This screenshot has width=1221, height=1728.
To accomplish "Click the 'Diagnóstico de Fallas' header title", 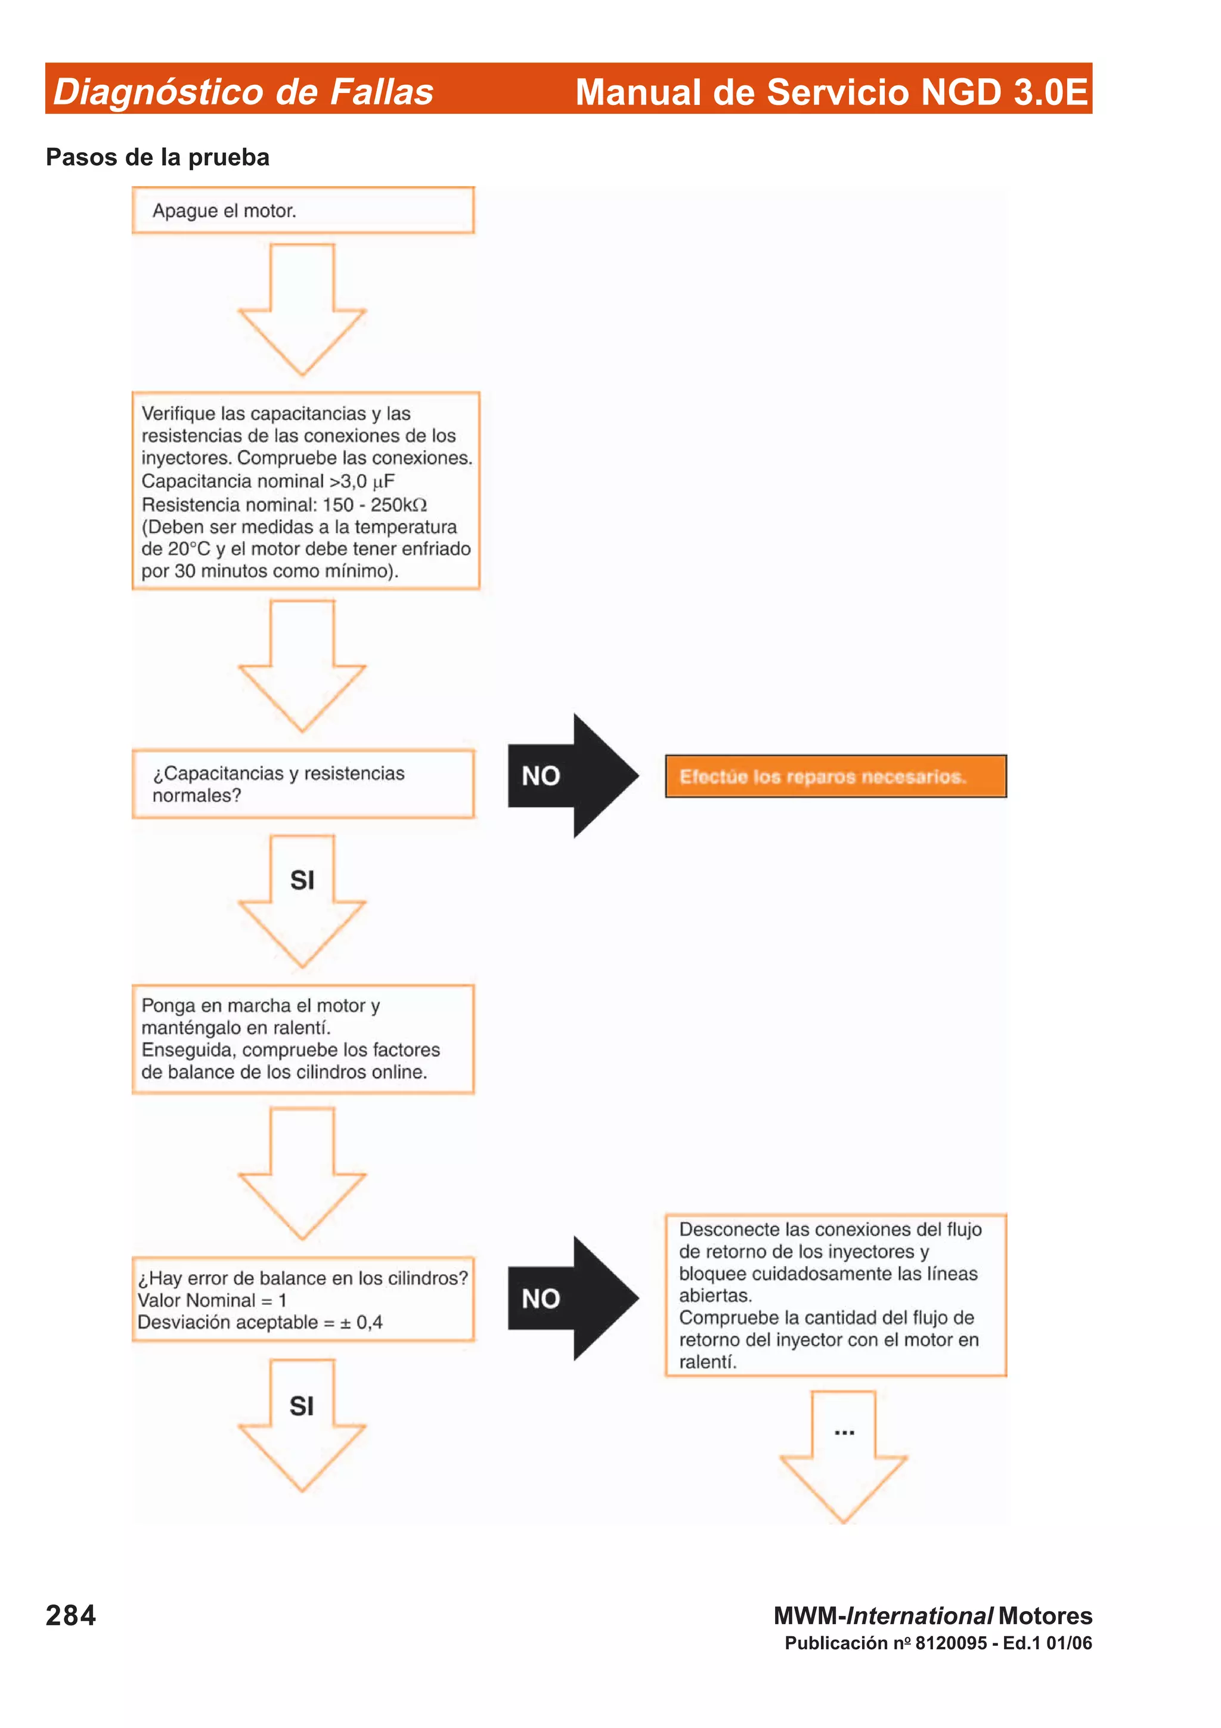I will point(243,92).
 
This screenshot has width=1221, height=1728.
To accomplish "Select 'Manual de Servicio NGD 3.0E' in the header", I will point(831,92).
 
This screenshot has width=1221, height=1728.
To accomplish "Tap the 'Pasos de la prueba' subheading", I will point(157,157).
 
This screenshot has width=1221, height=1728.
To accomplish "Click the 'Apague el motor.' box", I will point(303,210).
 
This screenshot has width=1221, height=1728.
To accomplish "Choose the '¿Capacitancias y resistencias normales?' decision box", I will point(303,784).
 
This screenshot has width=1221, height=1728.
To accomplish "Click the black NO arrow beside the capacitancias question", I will point(572,776).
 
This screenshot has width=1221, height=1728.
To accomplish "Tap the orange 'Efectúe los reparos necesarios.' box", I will point(835,776).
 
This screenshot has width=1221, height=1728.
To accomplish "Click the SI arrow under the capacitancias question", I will point(302,899).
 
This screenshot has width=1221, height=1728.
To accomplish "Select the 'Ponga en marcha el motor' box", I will point(303,1039).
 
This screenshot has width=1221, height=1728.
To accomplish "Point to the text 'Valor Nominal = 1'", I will point(212,1300).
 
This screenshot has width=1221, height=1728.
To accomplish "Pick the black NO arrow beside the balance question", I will point(572,1298).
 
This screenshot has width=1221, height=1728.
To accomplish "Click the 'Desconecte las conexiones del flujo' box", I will point(835,1295).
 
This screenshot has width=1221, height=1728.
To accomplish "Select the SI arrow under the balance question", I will point(302,1424).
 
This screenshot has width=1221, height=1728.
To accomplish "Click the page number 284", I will point(71,1615).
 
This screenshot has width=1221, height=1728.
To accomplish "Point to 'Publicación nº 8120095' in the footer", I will point(886,1643).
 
